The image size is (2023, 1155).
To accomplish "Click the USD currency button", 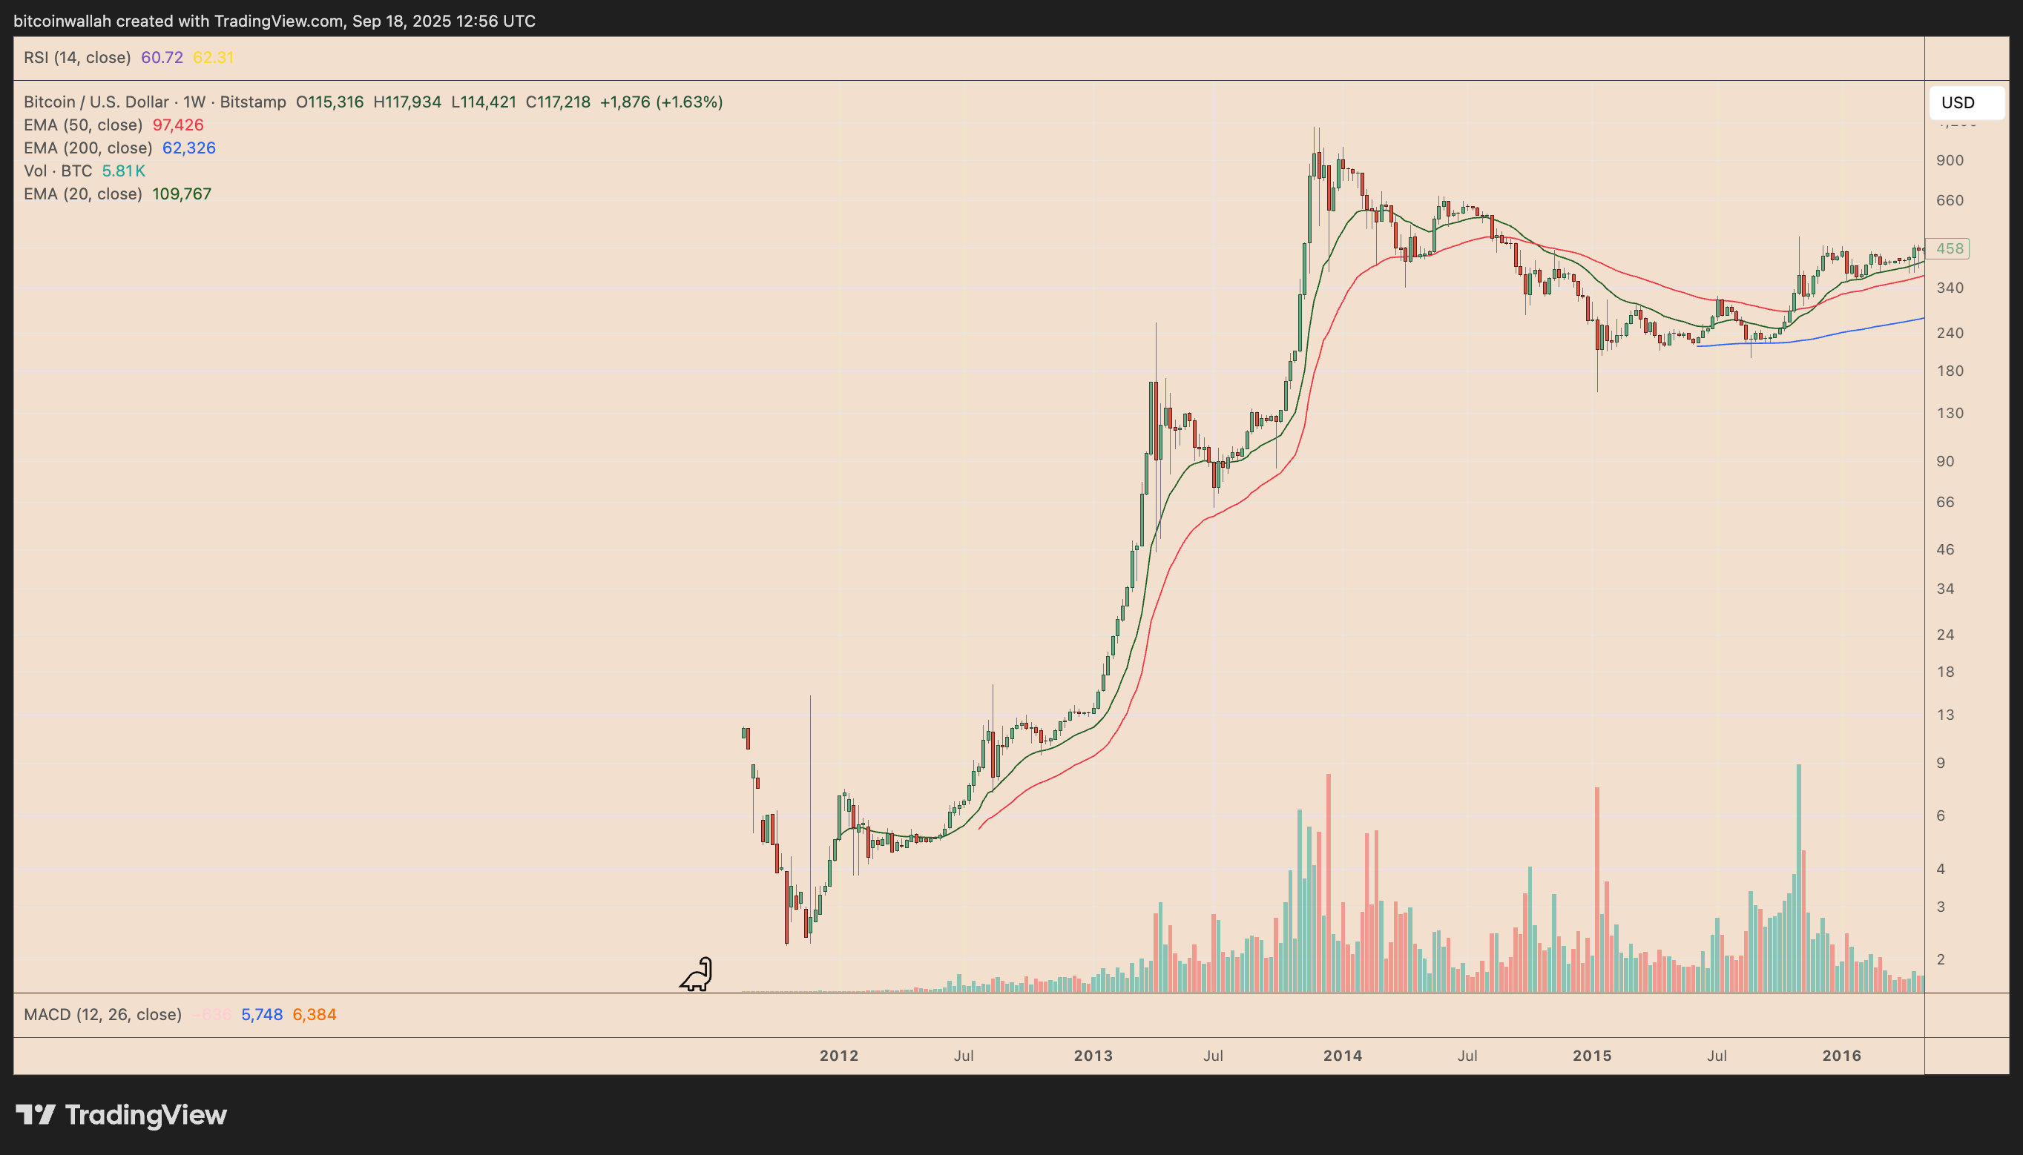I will pos(1965,102).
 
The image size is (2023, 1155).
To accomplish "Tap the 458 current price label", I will pos(1948,249).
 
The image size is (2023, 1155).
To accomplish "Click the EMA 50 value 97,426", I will pos(178,125).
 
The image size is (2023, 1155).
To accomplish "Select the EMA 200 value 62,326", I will pos(189,148).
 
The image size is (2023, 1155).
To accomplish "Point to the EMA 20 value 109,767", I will pos(182,194).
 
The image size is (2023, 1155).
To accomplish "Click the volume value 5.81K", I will pos(123,171).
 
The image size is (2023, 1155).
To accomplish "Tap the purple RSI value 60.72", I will pos(162,58).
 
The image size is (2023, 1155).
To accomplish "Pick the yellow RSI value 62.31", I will pos(213,58).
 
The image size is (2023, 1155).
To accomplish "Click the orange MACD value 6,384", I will pos(315,1015).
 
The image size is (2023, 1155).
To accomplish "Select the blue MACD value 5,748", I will pos(262,1015).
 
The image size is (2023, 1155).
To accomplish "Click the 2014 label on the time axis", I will pos(1343,1056).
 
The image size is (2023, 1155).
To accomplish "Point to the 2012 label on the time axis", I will pos(839,1056).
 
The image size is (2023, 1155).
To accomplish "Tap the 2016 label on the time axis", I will pos(1841,1056).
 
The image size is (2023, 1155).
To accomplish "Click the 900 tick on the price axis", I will pos(1950,160).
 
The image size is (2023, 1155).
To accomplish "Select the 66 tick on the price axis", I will pos(1944,502).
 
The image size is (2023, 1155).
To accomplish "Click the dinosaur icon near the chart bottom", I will pos(696,974).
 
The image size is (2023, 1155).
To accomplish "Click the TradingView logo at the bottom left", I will pos(122,1115).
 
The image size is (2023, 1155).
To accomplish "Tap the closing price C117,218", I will pos(558,102).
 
